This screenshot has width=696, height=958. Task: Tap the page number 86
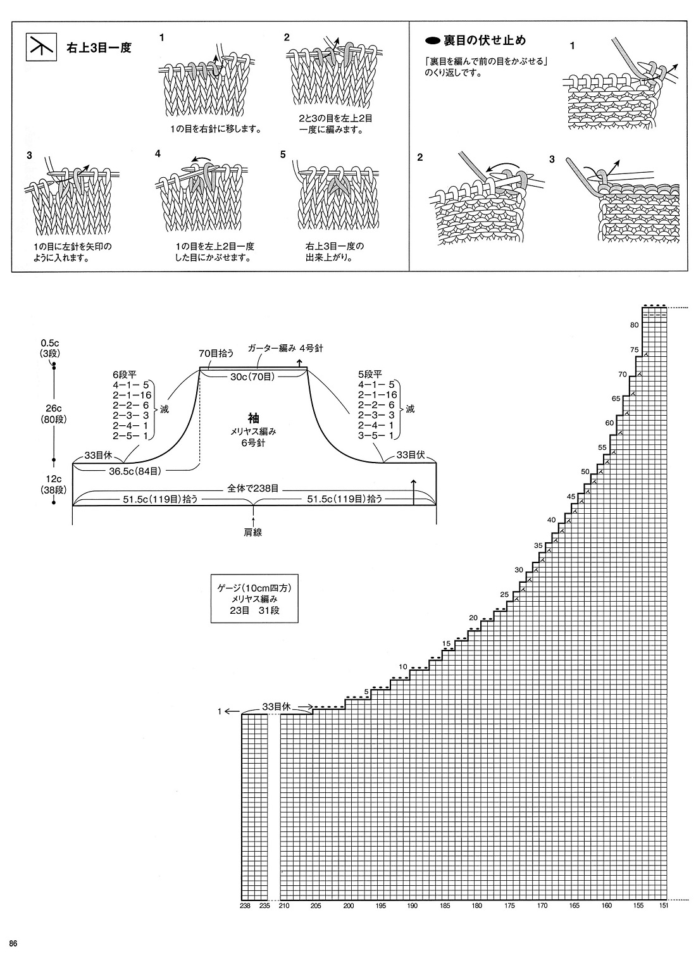[13, 943]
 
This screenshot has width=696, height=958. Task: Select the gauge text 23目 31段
[254, 610]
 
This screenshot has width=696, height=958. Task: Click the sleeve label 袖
[253, 418]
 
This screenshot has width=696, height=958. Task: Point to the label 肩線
[253, 532]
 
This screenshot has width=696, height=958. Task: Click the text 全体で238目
[253, 488]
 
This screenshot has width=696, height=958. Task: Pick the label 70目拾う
[216, 353]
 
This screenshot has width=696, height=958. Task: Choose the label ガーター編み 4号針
[285, 348]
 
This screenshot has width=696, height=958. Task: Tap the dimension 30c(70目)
[253, 376]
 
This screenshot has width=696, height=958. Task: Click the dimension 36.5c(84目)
[135, 471]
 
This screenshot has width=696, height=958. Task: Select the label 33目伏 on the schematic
[410, 455]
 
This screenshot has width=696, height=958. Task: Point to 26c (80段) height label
[54, 414]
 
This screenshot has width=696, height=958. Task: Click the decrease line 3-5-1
[376, 436]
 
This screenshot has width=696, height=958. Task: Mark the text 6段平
[125, 375]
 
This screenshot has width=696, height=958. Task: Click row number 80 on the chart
[634, 325]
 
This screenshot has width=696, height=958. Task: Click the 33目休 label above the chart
[277, 707]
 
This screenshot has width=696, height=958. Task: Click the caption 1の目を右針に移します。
[216, 128]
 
